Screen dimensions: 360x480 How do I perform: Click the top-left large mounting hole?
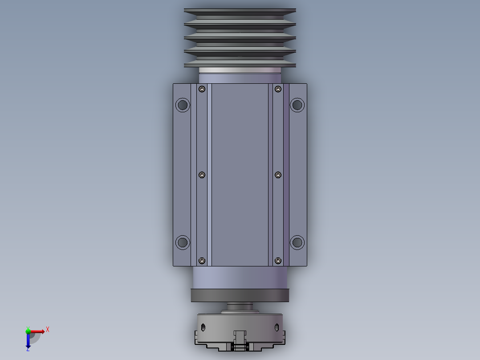(x=183, y=105)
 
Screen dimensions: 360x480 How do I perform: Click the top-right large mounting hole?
(x=297, y=105)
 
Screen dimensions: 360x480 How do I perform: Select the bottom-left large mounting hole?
(x=183, y=242)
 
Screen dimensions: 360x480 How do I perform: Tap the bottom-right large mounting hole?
(x=297, y=242)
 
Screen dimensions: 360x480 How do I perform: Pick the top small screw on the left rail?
(x=202, y=90)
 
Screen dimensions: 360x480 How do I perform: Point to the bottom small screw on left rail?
(x=202, y=260)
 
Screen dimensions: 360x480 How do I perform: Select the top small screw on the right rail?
(x=278, y=90)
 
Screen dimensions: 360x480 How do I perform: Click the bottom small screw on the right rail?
(x=278, y=260)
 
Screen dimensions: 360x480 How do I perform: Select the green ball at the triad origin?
(x=28, y=331)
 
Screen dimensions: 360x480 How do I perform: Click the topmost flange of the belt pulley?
(x=240, y=10)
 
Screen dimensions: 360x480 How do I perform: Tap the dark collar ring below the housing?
(x=240, y=295)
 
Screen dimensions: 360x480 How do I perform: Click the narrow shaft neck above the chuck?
(x=240, y=307)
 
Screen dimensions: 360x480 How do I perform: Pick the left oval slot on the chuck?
(x=203, y=327)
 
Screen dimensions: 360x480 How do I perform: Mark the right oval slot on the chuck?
(x=277, y=327)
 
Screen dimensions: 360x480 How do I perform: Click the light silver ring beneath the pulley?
(x=240, y=70)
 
